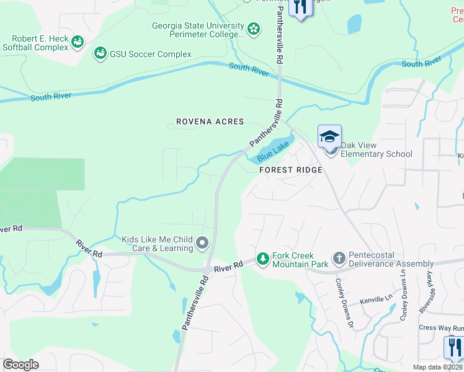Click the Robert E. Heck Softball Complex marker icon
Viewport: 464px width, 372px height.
click(78, 42)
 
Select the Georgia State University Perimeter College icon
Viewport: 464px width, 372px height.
click(253, 29)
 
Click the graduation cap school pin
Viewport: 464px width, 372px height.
click(329, 136)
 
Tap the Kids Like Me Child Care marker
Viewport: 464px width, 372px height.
click(202, 243)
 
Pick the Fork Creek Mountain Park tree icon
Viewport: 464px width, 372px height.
click(263, 259)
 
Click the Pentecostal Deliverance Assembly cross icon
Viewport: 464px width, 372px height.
click(339, 259)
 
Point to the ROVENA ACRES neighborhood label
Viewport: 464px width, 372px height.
click(210, 122)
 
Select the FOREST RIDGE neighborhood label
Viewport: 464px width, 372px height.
click(290, 170)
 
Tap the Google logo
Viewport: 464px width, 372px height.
click(20, 364)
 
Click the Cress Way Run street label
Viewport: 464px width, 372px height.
click(440, 327)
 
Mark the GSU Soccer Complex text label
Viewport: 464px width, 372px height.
click(151, 55)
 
